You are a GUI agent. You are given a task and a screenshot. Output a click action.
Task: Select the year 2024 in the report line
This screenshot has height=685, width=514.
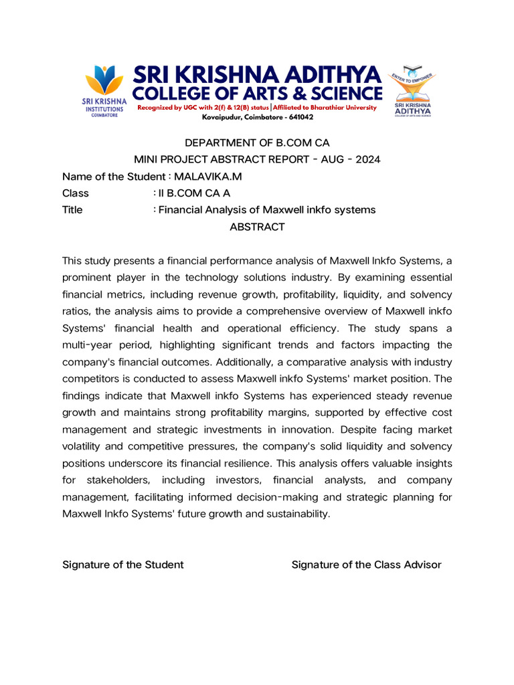tap(367, 159)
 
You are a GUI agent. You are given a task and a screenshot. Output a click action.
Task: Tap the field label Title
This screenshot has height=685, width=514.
tap(72, 210)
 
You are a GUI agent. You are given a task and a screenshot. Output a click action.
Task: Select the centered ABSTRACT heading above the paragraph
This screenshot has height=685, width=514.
tap(257, 227)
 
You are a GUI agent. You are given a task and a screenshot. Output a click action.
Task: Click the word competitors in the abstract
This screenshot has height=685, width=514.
tap(91, 379)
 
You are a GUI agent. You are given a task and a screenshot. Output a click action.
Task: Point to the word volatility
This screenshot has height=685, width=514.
tap(84, 446)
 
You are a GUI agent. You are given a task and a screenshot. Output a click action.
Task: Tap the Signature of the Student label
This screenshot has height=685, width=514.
tap(122, 565)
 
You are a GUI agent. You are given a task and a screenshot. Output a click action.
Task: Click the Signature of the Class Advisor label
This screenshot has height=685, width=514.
tap(366, 565)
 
